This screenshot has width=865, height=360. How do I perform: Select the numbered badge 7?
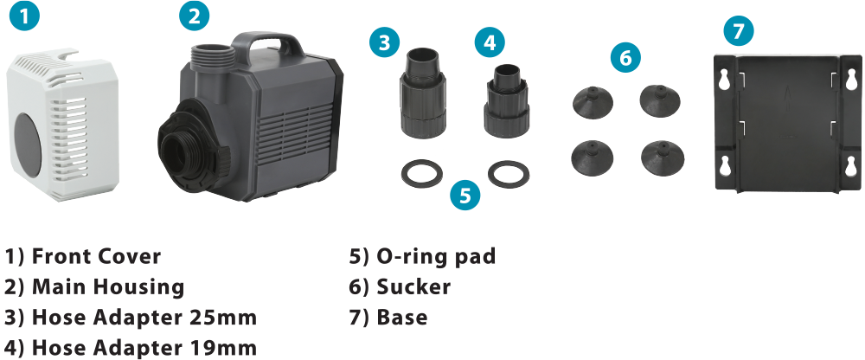[x=738, y=30]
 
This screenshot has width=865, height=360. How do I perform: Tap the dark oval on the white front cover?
[x=28, y=145]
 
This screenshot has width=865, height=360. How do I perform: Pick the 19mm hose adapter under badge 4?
[x=506, y=100]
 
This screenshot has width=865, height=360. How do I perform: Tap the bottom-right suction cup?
[x=663, y=158]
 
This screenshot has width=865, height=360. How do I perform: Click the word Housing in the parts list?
[x=138, y=287]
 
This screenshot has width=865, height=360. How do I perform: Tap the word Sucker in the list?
[x=413, y=286]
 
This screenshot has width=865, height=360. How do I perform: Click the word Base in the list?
[x=401, y=318]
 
